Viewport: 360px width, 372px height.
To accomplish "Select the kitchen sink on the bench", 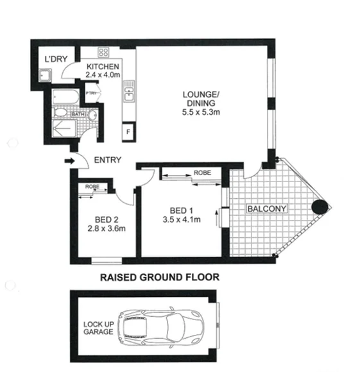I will (128, 94).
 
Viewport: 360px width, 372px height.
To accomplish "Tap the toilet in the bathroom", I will (91, 115).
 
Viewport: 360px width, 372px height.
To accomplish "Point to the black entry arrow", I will (69, 161).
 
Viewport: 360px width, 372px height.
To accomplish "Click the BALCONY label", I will (268, 208).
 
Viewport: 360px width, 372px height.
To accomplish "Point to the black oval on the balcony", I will (320, 207).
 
